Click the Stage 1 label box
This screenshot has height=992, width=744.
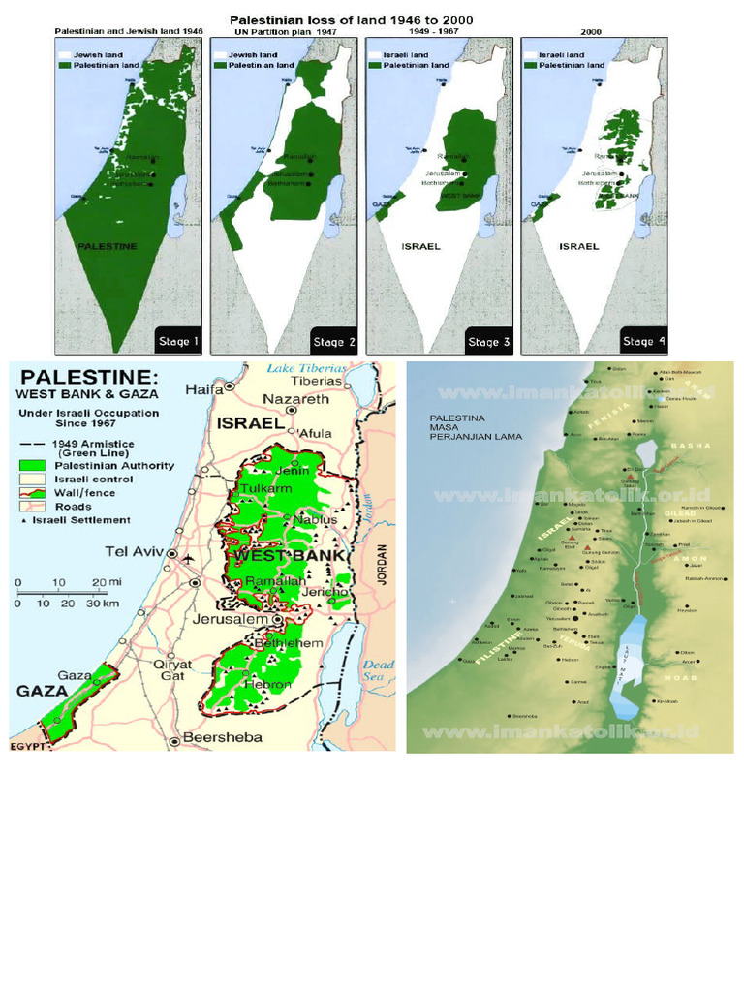(177, 341)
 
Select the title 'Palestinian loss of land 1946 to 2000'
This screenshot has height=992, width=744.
(351, 19)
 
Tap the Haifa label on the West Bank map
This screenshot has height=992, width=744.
(203, 389)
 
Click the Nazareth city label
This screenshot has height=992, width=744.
(296, 399)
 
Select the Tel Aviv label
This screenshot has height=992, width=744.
(132, 552)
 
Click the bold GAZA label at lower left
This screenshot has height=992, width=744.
(41, 692)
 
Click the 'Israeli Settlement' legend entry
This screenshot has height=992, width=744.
(81, 520)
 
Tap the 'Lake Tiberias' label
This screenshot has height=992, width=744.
(306, 368)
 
